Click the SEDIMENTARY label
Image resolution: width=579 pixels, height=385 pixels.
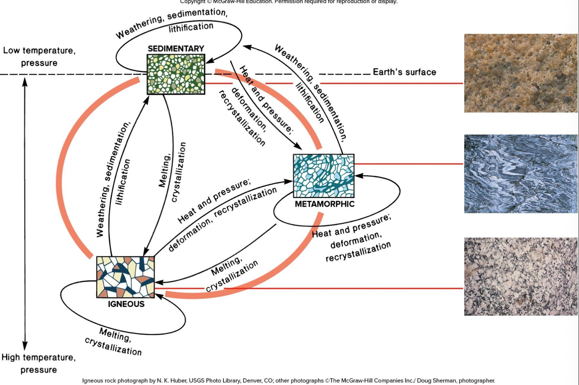(176, 49)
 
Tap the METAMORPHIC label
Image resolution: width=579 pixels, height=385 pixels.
(325, 204)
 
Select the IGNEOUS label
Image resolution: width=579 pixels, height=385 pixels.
(126, 304)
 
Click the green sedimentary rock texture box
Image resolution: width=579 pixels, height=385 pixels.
(176, 74)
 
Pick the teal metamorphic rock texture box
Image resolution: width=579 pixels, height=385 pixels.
(324, 176)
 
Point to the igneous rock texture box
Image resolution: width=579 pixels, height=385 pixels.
(125, 277)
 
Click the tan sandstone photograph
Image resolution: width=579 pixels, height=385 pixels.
(520, 73)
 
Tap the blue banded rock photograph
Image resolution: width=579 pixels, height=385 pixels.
(520, 174)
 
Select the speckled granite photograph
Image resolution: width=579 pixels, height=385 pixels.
(520, 276)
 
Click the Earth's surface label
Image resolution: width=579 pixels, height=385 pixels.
(404, 72)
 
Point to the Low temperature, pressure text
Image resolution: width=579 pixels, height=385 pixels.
(39, 56)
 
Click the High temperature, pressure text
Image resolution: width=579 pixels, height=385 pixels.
(38, 363)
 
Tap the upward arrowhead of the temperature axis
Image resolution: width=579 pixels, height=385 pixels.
(25, 81)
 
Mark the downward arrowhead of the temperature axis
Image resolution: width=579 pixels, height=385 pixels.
(25, 346)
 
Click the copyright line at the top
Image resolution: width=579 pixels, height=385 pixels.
(288, 2)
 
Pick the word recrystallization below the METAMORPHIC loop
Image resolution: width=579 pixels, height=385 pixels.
(358, 252)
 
